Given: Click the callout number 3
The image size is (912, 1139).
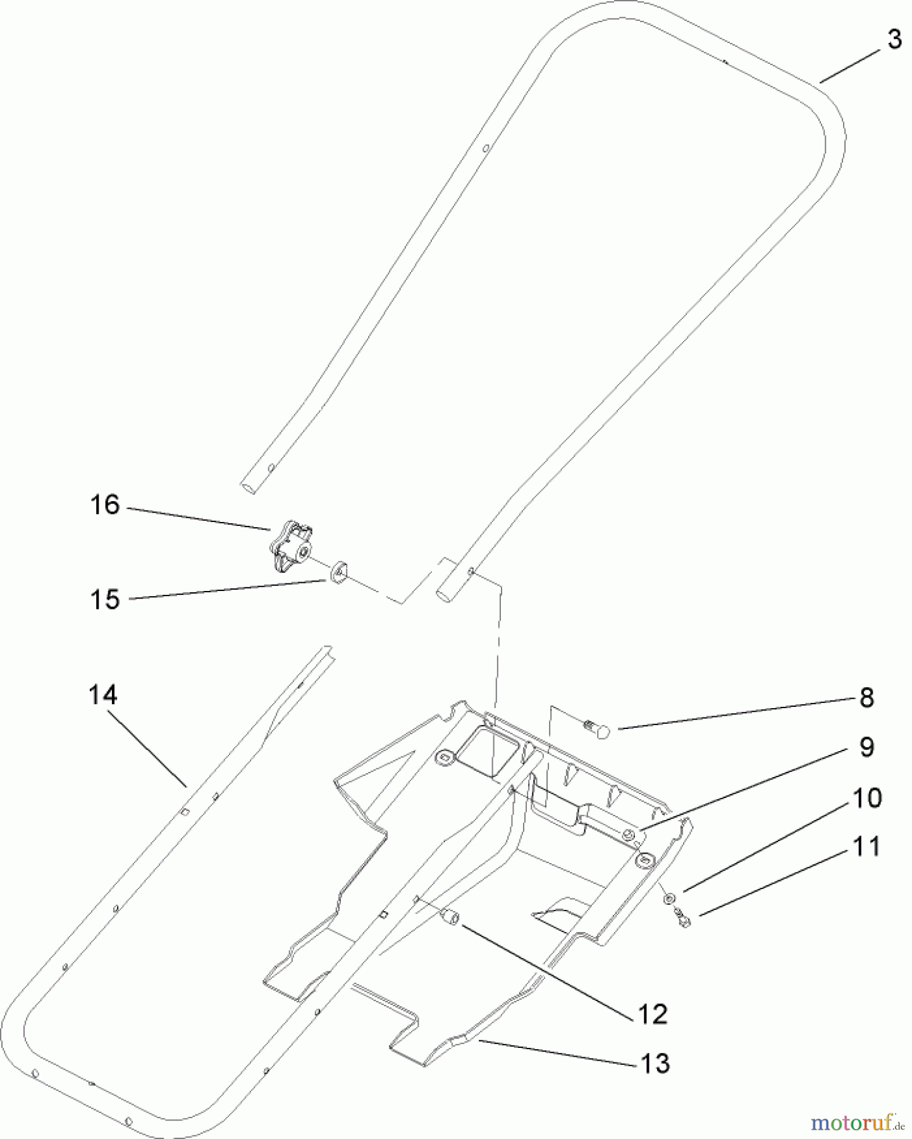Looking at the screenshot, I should click(x=893, y=39).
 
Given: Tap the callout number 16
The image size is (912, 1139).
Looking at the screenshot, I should click(x=105, y=505).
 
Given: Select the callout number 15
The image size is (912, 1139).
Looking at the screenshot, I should click(x=105, y=599).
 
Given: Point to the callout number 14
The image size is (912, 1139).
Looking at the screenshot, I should click(x=102, y=695).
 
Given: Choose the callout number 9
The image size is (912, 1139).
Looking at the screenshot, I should click(x=866, y=747).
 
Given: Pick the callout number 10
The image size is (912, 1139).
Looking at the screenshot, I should click(x=867, y=798).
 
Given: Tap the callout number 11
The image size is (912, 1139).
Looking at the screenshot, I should click(x=866, y=846).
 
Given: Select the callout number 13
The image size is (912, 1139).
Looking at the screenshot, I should click(x=655, y=1064).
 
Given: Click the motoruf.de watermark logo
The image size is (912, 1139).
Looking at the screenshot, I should click(x=856, y=1121).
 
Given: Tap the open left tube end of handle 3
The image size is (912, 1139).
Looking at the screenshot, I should click(x=248, y=489).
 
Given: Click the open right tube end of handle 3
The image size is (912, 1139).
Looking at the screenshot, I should click(x=443, y=595).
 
